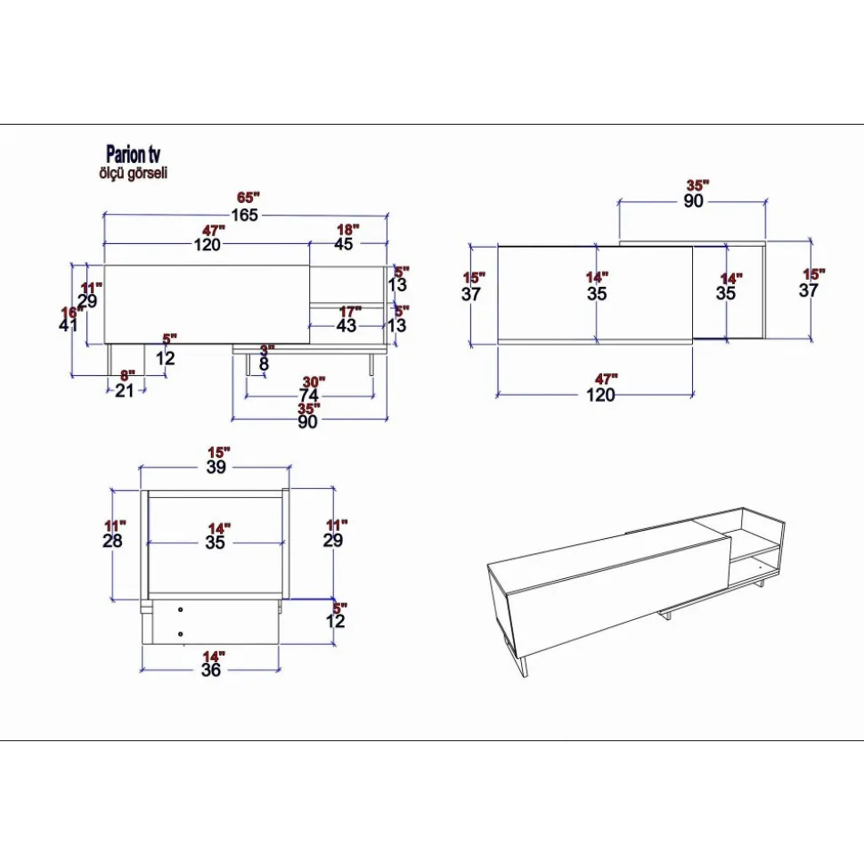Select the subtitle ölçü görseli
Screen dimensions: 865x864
[x=133, y=174]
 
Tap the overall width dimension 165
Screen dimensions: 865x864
[x=245, y=216]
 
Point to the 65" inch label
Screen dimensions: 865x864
[x=249, y=197]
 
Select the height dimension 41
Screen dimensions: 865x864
[x=69, y=325]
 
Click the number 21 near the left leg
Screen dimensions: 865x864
[x=125, y=390]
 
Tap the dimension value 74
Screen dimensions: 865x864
[x=309, y=396]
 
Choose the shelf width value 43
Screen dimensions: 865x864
[x=346, y=326]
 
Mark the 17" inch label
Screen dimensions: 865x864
[x=350, y=311]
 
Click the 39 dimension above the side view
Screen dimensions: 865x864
[x=216, y=467]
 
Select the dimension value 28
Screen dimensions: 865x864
[x=113, y=540]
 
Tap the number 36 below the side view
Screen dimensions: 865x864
[x=210, y=670]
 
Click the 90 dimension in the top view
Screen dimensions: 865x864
[x=694, y=201]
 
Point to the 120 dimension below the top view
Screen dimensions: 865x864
[x=601, y=396]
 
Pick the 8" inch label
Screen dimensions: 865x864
[x=127, y=375]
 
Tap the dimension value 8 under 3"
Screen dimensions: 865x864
[x=265, y=364]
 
